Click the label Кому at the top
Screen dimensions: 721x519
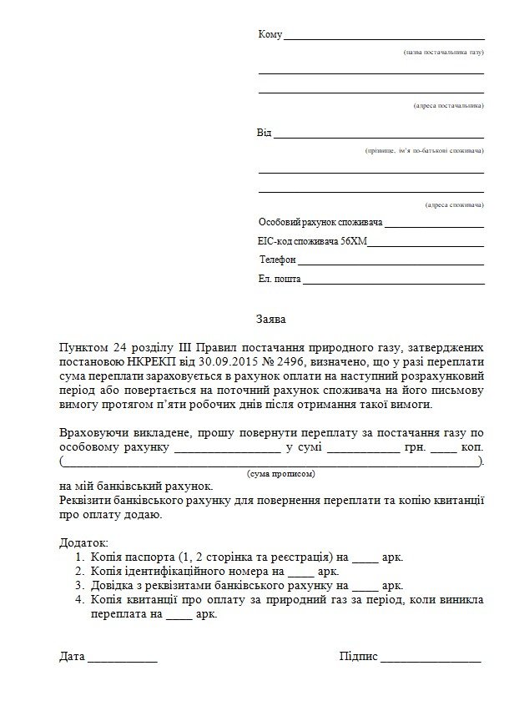(x=270, y=35)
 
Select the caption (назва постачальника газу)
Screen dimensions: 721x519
(x=443, y=53)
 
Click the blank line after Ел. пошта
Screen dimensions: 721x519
(x=393, y=281)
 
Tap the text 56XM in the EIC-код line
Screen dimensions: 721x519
(x=352, y=243)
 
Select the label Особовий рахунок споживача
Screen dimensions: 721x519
(x=320, y=224)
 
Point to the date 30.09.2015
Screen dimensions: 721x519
(x=228, y=360)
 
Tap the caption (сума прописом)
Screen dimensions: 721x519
(x=281, y=473)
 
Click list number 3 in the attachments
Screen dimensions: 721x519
(x=79, y=586)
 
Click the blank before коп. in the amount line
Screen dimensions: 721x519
(x=445, y=448)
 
